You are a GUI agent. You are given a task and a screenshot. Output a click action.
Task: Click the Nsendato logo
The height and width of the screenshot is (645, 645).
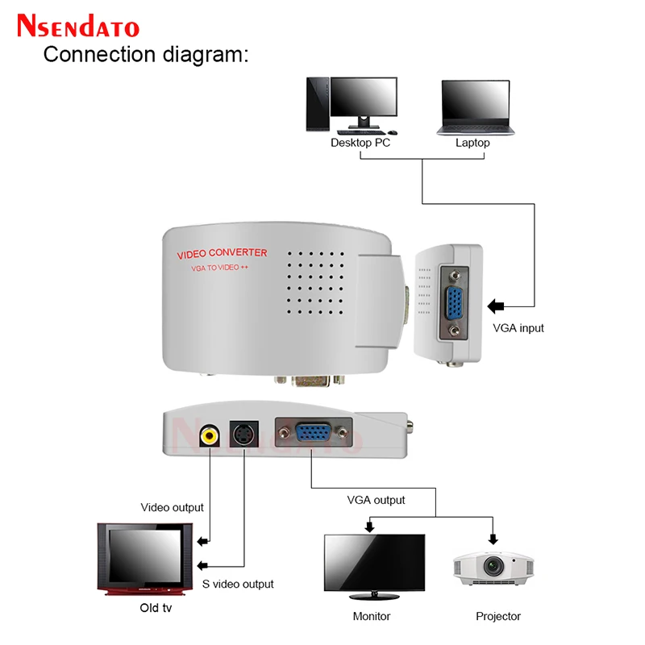(x=78, y=26)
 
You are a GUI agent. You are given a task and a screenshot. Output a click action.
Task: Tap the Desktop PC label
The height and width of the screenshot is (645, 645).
(x=360, y=143)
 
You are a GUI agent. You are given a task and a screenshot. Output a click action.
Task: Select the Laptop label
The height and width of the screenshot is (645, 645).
(x=472, y=143)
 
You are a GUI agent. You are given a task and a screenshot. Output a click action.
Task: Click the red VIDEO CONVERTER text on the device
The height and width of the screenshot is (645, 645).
(x=222, y=254)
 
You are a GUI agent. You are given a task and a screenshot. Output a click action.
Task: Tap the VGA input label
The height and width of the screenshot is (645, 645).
(x=518, y=328)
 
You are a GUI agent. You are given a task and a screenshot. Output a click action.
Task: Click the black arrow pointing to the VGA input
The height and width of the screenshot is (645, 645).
(x=496, y=306)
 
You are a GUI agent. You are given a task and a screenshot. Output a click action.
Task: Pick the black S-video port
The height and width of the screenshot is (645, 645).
(x=243, y=436)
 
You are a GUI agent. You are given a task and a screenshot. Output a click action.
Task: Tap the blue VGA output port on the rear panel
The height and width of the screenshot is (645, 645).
(x=314, y=436)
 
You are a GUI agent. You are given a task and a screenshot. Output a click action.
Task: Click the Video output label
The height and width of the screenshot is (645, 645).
(x=173, y=507)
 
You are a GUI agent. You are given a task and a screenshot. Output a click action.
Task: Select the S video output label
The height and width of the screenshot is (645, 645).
(x=238, y=584)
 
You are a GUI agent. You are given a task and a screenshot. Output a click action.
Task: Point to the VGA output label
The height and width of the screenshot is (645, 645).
(x=376, y=500)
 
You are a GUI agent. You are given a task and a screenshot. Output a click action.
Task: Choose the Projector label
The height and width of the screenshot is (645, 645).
(x=498, y=616)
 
